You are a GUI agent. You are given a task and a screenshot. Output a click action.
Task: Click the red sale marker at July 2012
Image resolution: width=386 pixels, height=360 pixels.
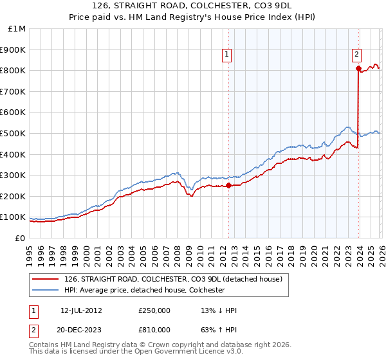click(228, 186)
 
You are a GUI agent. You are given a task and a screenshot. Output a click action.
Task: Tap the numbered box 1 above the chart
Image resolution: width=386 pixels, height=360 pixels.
click(227, 56)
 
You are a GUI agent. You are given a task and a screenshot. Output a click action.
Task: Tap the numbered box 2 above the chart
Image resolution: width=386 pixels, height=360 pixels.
click(356, 56)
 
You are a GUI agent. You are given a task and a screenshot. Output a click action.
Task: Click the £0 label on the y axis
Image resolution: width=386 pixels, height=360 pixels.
click(21, 238)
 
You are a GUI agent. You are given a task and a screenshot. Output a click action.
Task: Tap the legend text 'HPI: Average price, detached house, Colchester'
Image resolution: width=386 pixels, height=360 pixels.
click(143, 290)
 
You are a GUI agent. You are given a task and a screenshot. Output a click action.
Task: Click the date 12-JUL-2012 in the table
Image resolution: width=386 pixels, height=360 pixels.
click(81, 310)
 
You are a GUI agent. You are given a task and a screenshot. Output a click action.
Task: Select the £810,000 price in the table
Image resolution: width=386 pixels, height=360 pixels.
click(154, 329)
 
